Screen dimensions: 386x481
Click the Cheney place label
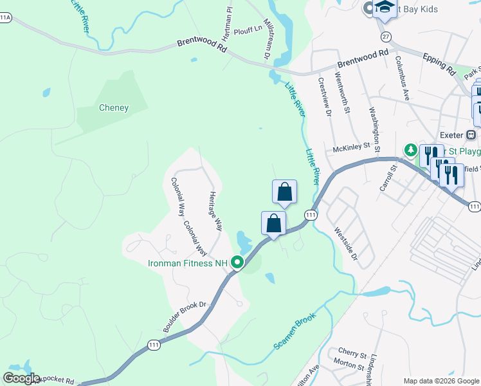click(114, 108)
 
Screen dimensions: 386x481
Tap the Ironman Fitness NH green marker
click(237, 262)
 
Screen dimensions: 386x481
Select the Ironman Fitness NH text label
click(188, 263)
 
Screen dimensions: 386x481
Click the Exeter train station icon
click(471, 135)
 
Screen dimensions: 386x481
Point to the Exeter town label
click(452, 135)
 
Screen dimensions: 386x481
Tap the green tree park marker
click(410, 151)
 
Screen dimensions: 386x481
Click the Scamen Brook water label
click(295, 332)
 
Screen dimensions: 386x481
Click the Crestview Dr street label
click(324, 96)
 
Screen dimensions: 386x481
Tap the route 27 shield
click(385, 36)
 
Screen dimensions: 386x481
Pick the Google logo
click(22, 378)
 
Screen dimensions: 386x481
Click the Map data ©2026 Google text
click(440, 381)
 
